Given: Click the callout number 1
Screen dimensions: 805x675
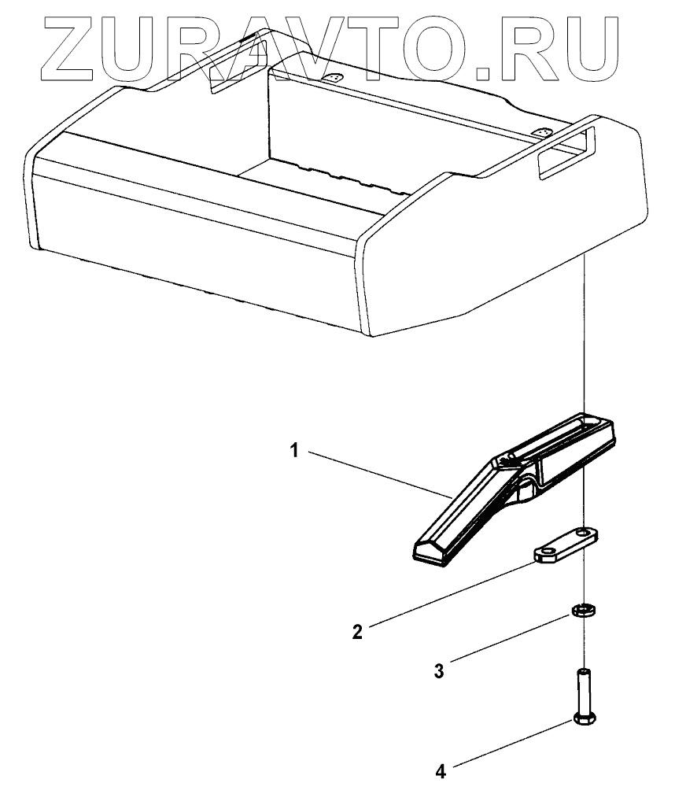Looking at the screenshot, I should tap(293, 451).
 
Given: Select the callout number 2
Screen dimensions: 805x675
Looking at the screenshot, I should tap(356, 631).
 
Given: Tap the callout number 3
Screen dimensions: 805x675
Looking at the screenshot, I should tap(439, 670).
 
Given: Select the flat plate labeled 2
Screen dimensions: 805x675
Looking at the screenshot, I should tap(565, 546).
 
